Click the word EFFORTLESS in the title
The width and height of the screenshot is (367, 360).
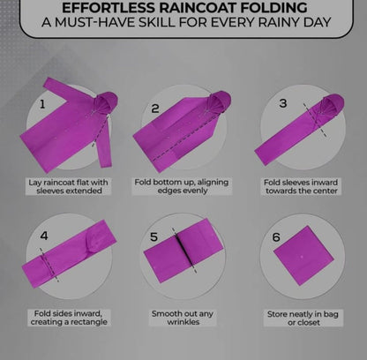click(109, 7)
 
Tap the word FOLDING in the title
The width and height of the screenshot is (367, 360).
click(273, 7)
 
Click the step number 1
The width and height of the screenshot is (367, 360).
click(42, 104)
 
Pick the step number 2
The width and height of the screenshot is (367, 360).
click(155, 109)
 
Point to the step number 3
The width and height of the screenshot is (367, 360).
click(283, 103)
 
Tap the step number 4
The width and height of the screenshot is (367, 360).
click(44, 236)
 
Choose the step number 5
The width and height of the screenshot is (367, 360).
click(154, 236)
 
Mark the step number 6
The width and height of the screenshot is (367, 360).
click(276, 237)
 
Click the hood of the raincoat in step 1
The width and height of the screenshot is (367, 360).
click(105, 103)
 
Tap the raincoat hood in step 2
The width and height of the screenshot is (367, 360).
click(219, 102)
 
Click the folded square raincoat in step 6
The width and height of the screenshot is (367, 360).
click(303, 256)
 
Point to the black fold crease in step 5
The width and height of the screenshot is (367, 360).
click(183, 251)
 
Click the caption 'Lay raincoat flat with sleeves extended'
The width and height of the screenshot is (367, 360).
click(68, 186)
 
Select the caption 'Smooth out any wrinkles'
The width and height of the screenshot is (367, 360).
click(183, 318)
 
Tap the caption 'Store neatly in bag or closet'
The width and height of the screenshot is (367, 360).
click(303, 319)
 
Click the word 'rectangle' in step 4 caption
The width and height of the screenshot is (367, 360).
click(88, 322)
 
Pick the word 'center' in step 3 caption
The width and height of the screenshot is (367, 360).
click(325, 191)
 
